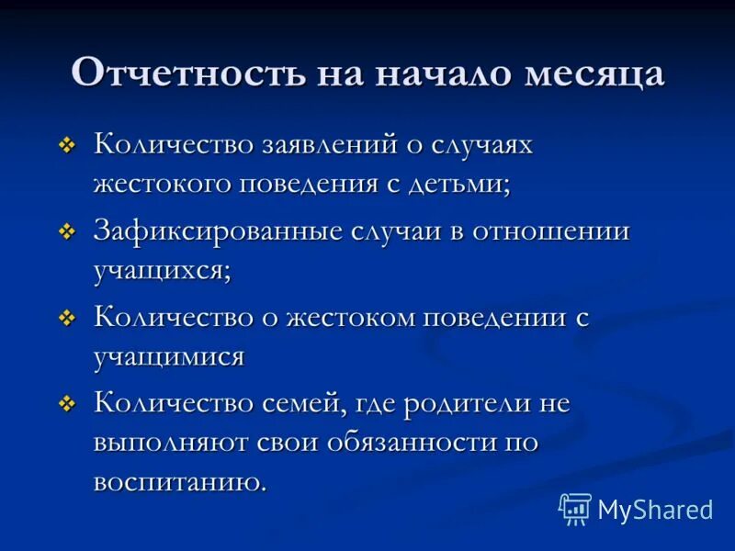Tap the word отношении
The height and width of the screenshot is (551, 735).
tap(551, 232)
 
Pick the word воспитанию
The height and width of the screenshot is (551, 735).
tap(179, 482)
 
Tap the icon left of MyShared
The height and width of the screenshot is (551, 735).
tap(576, 509)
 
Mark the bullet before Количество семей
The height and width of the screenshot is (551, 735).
tap(67, 405)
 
